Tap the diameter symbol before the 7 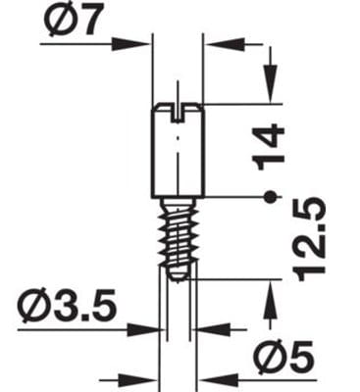pos(57,20)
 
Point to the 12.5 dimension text pos(309,239)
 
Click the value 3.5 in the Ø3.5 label pos(85,306)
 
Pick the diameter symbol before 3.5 pos(34,306)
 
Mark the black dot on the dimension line pos(270,197)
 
